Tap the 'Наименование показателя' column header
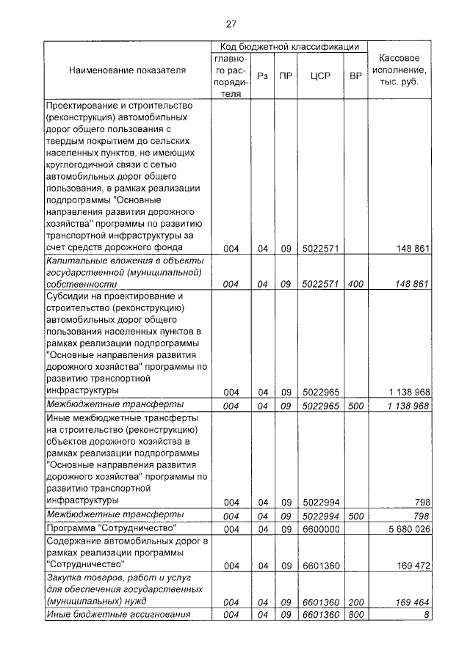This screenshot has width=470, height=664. click(x=127, y=71)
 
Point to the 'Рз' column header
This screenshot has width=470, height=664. click(x=262, y=76)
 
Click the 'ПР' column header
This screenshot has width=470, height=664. click(x=286, y=76)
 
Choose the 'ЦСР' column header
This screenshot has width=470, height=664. click(x=319, y=76)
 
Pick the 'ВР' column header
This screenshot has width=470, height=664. click(x=355, y=76)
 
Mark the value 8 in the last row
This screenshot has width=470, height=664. click(x=426, y=615)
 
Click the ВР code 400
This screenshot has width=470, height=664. click(x=355, y=284)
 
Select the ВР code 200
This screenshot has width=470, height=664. click(x=355, y=602)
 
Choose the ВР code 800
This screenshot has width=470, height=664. click(x=355, y=615)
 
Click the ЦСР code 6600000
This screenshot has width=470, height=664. click(x=319, y=529)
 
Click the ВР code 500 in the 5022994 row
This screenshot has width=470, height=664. click(x=355, y=516)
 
